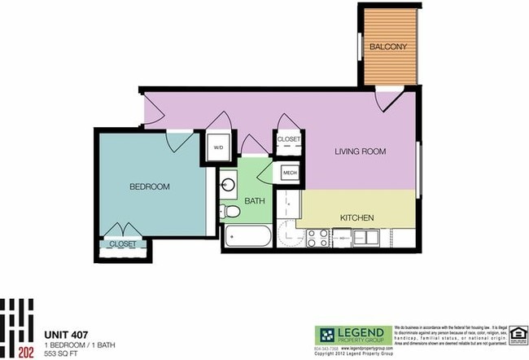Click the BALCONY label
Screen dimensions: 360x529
[x=388, y=47]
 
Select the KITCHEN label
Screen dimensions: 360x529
[x=356, y=217]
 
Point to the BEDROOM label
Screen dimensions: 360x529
[x=150, y=187]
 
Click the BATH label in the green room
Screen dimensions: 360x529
[x=255, y=200]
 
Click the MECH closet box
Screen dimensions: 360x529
[x=290, y=173]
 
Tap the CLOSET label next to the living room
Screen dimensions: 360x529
[x=289, y=139]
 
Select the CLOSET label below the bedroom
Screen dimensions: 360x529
[x=122, y=244]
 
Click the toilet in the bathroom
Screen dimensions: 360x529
[x=232, y=212]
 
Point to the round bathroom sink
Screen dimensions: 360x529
[x=228, y=184]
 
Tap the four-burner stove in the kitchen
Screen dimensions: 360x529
[x=317, y=239]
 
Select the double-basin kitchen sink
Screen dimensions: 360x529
[x=365, y=238]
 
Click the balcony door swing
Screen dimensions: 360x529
[x=387, y=100]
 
